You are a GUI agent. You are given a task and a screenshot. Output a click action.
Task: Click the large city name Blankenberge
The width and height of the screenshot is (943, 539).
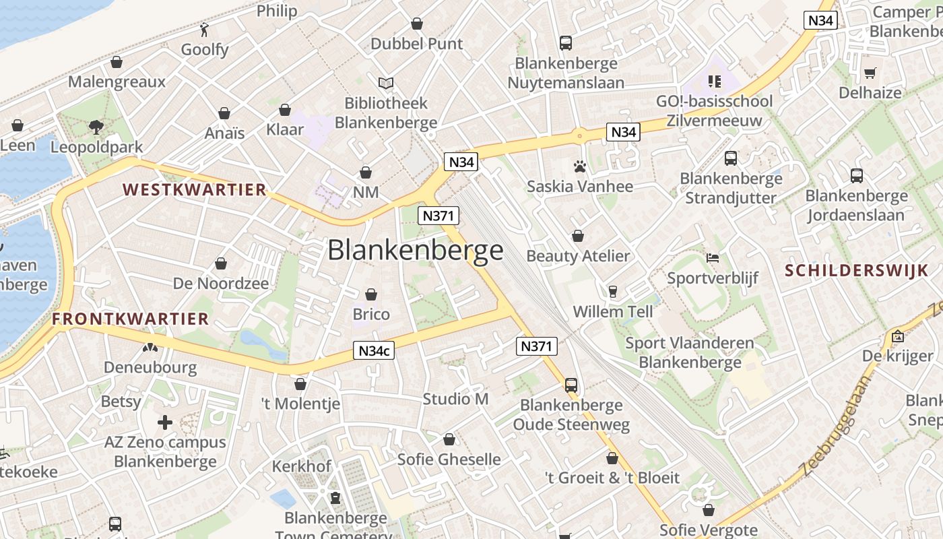tap(416, 250)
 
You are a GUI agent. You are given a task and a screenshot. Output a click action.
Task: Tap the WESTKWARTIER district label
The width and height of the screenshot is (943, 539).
tap(195, 189)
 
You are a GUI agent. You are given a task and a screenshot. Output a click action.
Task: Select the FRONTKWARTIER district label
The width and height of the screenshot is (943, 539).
tap(131, 319)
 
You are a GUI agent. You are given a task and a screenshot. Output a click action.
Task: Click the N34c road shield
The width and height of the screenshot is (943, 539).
tap(375, 350)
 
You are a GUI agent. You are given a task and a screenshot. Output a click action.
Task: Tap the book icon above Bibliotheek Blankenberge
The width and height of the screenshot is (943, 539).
tap(386, 83)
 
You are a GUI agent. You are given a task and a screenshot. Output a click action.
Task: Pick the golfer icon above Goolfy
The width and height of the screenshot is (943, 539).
tap(205, 29)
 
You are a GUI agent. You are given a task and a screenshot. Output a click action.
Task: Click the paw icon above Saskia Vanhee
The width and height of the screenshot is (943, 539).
tap(580, 166)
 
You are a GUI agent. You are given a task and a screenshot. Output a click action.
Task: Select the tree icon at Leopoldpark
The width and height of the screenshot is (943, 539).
tap(96, 127)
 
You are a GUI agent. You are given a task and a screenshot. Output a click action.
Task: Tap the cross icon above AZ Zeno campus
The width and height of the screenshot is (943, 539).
tap(165, 422)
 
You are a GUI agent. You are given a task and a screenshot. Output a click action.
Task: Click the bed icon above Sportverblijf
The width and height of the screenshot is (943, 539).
tap(713, 258)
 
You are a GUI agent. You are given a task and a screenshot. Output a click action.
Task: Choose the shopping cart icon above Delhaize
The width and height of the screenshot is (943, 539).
tap(870, 73)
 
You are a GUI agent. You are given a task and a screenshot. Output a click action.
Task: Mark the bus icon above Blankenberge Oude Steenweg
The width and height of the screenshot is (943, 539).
tap(571, 385)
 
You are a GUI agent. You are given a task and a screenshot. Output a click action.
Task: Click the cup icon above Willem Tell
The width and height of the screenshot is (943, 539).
tap(613, 291)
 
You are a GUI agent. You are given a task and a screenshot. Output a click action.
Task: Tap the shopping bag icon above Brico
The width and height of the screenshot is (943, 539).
tap(371, 294)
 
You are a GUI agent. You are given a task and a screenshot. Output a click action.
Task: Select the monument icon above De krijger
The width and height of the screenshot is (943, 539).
tap(897, 336)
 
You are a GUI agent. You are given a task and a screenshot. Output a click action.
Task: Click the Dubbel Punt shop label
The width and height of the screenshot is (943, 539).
tap(417, 44)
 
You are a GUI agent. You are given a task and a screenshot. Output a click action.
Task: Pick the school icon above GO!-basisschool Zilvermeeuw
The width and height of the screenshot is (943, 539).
tap(715, 82)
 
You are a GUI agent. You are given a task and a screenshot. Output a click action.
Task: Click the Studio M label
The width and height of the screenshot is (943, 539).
tap(455, 399)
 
